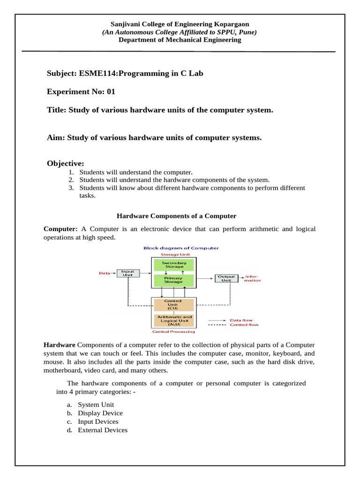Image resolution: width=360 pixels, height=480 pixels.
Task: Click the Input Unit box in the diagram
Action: pyautogui.click(x=127, y=273)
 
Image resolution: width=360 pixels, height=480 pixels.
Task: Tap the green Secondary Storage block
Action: pyautogui.click(x=174, y=265)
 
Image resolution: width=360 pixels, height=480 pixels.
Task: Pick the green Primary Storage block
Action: pyautogui.click(x=174, y=280)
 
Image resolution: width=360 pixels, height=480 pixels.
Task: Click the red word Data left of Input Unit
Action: pyautogui.click(x=104, y=273)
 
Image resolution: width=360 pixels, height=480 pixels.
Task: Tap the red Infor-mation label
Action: pyautogui.click(x=252, y=278)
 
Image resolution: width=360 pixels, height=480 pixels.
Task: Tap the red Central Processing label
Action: pyautogui.click(x=174, y=332)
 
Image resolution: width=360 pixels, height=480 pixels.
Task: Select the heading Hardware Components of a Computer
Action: pyautogui.click(x=176, y=216)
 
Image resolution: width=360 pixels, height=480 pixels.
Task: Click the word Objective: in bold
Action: pyautogui.click(x=65, y=163)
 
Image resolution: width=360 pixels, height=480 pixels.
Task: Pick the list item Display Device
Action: pyautogui.click(x=100, y=413)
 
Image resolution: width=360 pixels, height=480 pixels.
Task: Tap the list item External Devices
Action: pyautogui.click(x=103, y=430)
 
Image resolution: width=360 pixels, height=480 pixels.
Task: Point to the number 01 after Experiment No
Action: pyautogui.click(x=111, y=92)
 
